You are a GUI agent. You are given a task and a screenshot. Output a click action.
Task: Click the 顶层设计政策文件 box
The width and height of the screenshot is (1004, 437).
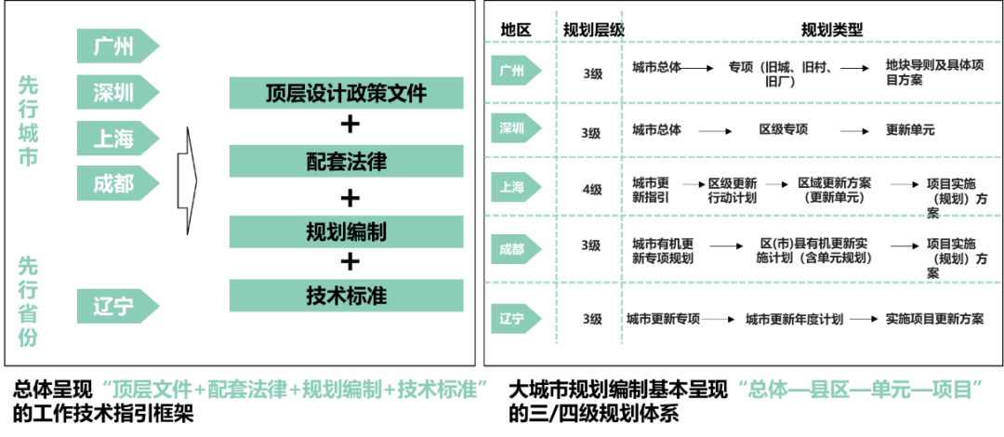346,93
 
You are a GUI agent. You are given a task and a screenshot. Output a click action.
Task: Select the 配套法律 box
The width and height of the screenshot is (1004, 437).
346,162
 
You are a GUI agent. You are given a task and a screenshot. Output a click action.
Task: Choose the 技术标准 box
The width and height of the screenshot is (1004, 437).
346,296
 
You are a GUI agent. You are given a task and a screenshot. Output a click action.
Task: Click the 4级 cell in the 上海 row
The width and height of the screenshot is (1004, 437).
591,189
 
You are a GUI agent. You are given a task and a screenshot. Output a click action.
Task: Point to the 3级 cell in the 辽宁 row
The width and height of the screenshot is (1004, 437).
591,319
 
